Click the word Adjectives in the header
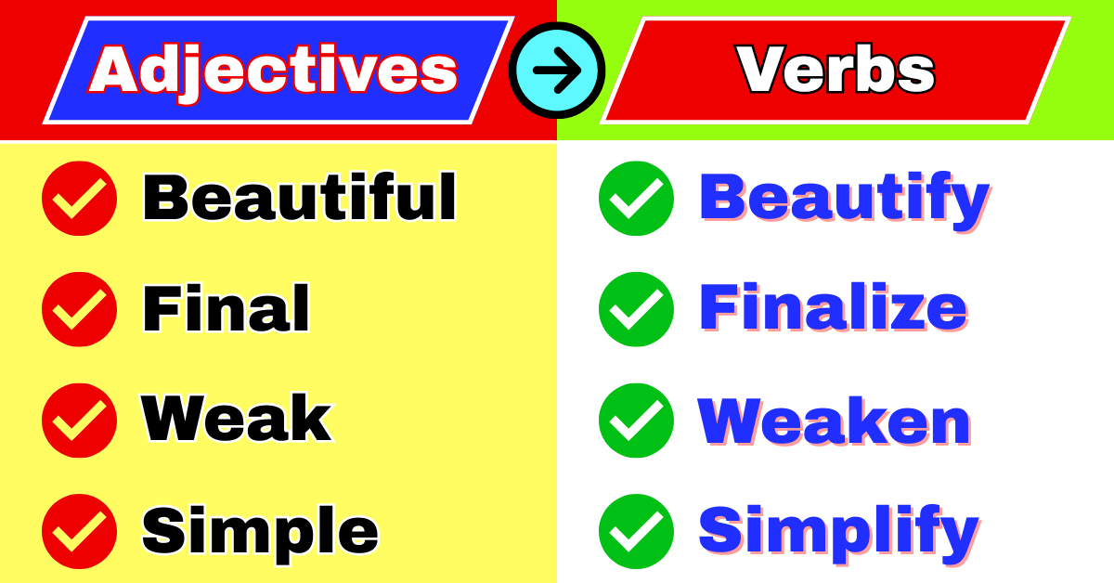click(x=274, y=70)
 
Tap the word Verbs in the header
click(x=835, y=70)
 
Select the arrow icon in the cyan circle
click(x=557, y=71)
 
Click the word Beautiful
click(x=299, y=197)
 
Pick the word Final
click(x=226, y=308)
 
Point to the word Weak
click(x=237, y=420)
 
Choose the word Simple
click(x=260, y=531)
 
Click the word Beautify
click(x=844, y=198)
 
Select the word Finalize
click(x=833, y=308)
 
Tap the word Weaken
click(x=835, y=421)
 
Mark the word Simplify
click(x=838, y=532)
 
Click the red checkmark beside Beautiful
click(x=80, y=198)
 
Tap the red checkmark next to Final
click(x=80, y=309)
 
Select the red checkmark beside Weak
click(x=80, y=421)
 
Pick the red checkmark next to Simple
click(x=80, y=532)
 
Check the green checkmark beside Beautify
click(x=637, y=198)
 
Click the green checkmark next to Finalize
click(x=637, y=309)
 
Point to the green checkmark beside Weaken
click(x=637, y=421)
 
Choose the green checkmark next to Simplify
click(x=637, y=532)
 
